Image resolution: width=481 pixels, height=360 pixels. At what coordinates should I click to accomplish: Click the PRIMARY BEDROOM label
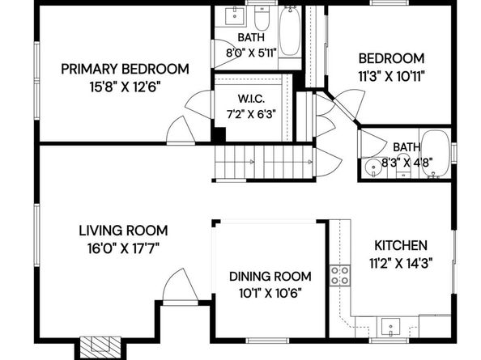(x=125, y=69)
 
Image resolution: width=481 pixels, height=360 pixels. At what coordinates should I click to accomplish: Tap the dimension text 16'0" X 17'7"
(x=123, y=248)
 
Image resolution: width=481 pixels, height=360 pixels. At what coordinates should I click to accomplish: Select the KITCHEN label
(x=401, y=245)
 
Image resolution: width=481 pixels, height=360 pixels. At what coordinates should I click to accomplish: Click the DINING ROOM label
(x=270, y=277)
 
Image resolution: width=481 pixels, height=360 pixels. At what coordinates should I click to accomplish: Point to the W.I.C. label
(x=251, y=99)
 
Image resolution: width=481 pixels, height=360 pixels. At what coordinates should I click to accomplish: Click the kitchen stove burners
(x=340, y=275)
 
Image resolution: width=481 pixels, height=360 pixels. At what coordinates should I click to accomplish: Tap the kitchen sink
(x=390, y=327)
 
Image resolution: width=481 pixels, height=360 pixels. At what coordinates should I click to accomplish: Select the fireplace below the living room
(x=100, y=348)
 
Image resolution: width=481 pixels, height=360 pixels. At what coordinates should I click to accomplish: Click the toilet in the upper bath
(x=262, y=17)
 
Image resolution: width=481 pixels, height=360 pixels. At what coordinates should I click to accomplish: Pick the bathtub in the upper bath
(x=290, y=32)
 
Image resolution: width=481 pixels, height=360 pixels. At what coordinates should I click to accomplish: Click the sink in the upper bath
(x=235, y=16)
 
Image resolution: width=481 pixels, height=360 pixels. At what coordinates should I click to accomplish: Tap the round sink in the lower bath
(x=373, y=168)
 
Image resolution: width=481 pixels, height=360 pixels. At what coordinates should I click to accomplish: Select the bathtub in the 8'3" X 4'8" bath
(x=435, y=154)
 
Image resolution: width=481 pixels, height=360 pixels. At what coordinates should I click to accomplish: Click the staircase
(x=264, y=162)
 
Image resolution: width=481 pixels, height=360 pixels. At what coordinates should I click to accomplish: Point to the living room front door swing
(x=181, y=287)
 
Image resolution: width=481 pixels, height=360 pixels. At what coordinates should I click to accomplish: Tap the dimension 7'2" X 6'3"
(x=251, y=115)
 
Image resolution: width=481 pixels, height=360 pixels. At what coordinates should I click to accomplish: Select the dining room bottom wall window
(x=267, y=340)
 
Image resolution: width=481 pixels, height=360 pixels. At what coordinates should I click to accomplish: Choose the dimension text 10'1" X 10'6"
(x=270, y=294)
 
